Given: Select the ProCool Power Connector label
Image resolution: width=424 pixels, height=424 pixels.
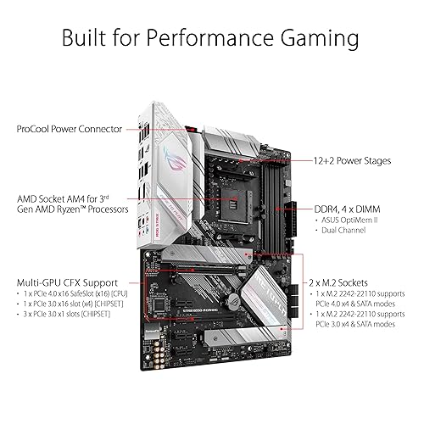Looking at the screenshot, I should pyautogui.click(x=68, y=130).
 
